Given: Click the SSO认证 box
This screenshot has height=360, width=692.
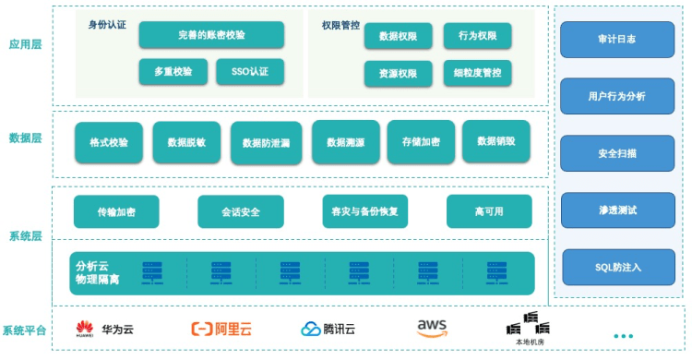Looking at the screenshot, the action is click(250, 72).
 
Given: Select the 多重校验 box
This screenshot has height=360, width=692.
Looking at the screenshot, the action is click(173, 72).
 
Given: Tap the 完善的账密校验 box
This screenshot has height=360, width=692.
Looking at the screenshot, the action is click(211, 35).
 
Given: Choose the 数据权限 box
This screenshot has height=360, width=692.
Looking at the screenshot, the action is click(398, 36).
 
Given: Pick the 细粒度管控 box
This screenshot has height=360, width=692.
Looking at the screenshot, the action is click(478, 73).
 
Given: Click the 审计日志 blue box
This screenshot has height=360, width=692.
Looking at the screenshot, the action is click(617, 40).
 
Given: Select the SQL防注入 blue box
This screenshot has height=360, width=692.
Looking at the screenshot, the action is click(618, 268).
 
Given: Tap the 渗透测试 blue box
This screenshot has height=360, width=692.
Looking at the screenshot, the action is click(618, 210).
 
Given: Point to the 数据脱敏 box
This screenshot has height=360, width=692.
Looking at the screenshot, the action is click(186, 142).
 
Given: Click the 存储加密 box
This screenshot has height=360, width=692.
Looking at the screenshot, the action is click(421, 142).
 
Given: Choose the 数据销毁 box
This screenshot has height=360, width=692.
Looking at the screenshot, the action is click(496, 141).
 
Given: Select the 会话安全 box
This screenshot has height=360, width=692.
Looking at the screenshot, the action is click(241, 212).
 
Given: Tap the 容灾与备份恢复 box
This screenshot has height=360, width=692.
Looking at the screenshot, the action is click(365, 211).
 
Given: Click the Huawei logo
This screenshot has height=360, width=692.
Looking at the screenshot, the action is click(85, 330).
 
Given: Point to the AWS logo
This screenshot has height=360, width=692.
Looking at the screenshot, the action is click(432, 329).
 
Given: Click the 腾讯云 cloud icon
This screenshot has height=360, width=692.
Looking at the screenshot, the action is click(311, 330).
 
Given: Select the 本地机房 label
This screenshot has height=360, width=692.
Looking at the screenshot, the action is click(530, 342).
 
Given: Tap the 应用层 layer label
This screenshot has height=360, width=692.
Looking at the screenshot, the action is click(25, 44).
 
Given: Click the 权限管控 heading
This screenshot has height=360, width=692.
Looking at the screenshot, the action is click(340, 25).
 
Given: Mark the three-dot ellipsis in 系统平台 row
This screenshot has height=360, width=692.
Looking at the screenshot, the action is click(623, 336).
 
